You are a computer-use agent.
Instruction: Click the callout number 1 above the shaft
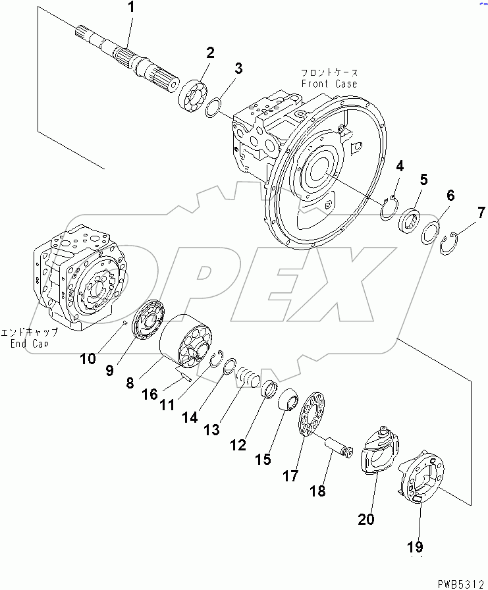click(130, 9)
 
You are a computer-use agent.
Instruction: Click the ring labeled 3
click(213, 107)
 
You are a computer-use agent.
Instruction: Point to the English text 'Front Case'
click(329, 84)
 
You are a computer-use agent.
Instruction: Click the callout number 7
click(481, 212)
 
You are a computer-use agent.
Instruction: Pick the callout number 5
click(423, 179)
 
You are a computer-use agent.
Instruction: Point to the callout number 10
click(89, 358)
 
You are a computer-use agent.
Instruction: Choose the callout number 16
click(150, 394)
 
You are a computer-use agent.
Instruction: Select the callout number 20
click(366, 520)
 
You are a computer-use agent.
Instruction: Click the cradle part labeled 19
click(421, 477)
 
